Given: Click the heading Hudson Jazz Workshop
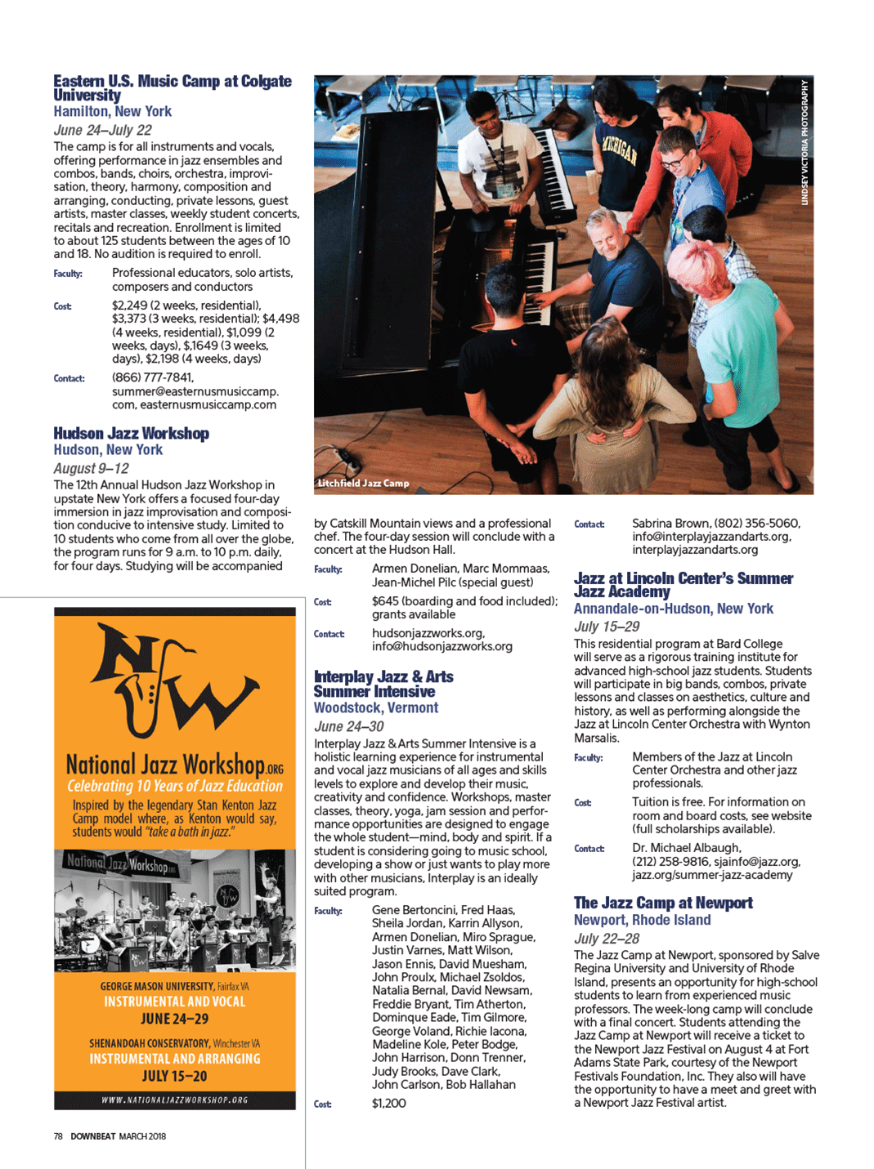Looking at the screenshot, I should [x=131, y=434].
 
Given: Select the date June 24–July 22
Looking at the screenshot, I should [x=102, y=130].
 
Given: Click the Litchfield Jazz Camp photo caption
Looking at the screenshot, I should [x=363, y=484].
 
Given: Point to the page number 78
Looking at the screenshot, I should [x=58, y=1136].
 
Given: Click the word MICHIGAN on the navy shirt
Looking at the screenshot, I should [x=619, y=149].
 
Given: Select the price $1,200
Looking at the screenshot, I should [x=389, y=1104].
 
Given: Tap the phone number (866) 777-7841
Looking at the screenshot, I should [x=153, y=377].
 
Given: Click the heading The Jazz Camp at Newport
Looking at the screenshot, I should [x=663, y=903].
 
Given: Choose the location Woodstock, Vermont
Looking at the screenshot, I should [x=376, y=708].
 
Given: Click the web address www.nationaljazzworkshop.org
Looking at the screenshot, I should [x=175, y=1100].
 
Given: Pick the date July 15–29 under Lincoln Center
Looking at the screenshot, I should [x=607, y=627].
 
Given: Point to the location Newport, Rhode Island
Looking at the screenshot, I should [x=642, y=920].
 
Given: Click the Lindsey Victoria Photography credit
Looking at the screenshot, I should [x=805, y=143].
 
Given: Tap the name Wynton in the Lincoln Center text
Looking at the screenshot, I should [x=789, y=725].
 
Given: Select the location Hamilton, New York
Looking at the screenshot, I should [x=113, y=112].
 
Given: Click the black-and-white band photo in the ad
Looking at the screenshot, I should [x=175, y=910].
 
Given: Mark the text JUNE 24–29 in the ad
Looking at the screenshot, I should [x=174, y=1019].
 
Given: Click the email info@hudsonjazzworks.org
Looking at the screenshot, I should [x=442, y=646].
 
